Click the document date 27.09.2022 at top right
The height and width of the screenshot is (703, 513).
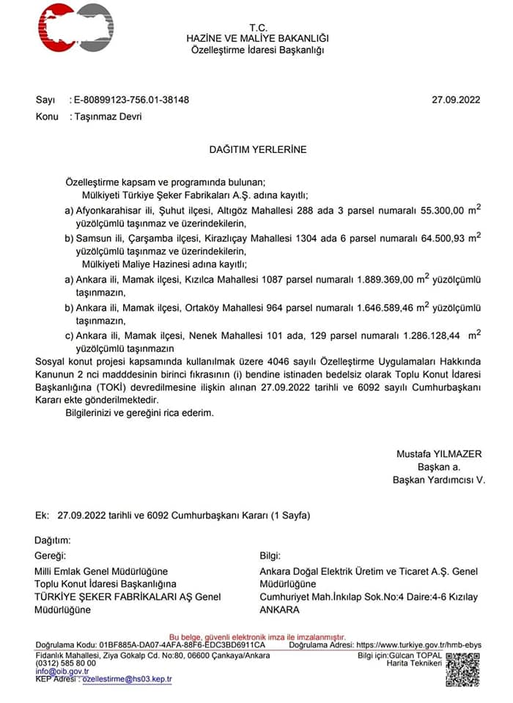(x=456, y=100)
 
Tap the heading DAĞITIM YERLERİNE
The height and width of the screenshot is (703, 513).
(x=257, y=149)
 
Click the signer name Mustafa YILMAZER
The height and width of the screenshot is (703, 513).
(x=439, y=453)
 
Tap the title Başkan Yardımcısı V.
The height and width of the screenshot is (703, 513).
(x=439, y=480)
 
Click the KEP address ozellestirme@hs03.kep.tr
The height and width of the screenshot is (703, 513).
(x=127, y=680)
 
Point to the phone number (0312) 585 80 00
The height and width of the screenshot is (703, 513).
(x=66, y=663)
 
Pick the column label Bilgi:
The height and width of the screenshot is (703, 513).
(x=270, y=556)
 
